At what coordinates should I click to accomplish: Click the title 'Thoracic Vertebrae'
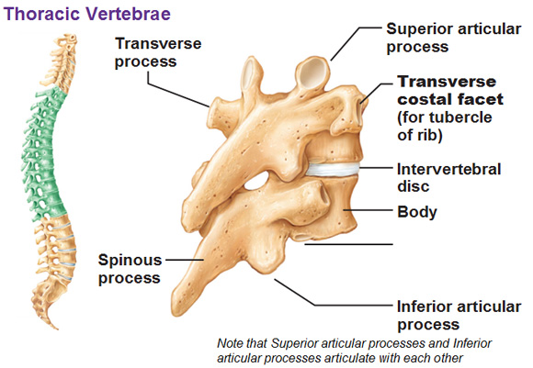pos(87,15)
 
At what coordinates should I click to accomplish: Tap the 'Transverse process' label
pos(158,52)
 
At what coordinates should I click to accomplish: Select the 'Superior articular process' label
pos(453,38)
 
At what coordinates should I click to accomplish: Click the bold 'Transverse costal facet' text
pos(450,90)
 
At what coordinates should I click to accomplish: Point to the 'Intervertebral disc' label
pos(449,177)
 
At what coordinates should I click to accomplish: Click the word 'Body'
pos(417,212)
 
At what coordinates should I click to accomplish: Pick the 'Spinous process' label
pos(130,269)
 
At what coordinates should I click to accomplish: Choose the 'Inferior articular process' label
pos(459,316)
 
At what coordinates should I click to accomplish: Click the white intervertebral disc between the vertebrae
pos(333,169)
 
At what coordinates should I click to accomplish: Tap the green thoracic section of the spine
pos(42,152)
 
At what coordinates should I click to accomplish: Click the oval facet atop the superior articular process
pos(312,73)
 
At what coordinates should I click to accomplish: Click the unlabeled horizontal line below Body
pos(349,244)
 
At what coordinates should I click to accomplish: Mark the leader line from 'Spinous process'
pos(184,261)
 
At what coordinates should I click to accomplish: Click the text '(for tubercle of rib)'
pos(445,127)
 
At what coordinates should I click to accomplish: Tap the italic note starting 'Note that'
pos(354,351)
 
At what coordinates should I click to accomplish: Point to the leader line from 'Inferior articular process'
pos(334,293)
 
